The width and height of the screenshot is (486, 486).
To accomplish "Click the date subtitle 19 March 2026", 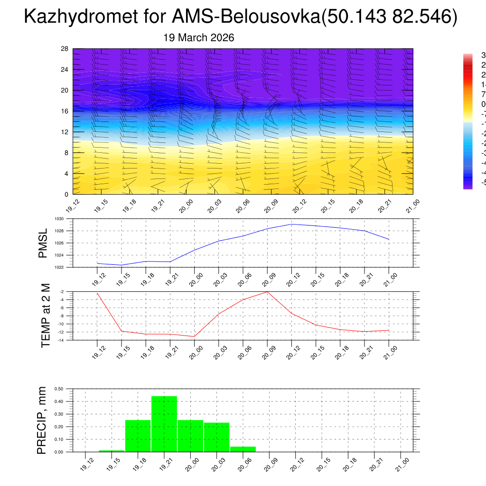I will pyautogui.click(x=198, y=38).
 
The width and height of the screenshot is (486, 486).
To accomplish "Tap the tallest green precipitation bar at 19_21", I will pyautogui.click(x=164, y=424).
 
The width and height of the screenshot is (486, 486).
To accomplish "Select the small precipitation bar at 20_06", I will pyautogui.click(x=243, y=449).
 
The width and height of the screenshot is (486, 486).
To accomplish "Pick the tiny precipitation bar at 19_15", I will pyautogui.click(x=112, y=451).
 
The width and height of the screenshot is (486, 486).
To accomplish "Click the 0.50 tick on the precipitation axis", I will pyautogui.click(x=59, y=389).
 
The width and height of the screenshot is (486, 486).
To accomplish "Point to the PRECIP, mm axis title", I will pyautogui.click(x=42, y=421).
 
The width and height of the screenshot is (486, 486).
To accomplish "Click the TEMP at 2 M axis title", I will pyautogui.click(x=46, y=316).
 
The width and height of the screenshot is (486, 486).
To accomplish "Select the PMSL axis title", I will pyautogui.click(x=43, y=243).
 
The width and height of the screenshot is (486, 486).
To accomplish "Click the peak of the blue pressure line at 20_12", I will pyautogui.click(x=291, y=224).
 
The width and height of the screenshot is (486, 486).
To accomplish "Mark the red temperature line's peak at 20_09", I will pyautogui.click(x=267, y=292).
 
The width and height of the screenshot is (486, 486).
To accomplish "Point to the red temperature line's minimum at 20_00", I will pyautogui.click(x=194, y=336).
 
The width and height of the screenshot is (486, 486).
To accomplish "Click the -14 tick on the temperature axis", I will pyautogui.click(x=62, y=340).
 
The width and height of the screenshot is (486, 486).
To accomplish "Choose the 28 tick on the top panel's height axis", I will pyautogui.click(x=65, y=49).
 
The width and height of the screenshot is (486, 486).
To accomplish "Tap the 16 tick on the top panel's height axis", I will pyautogui.click(x=65, y=111).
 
